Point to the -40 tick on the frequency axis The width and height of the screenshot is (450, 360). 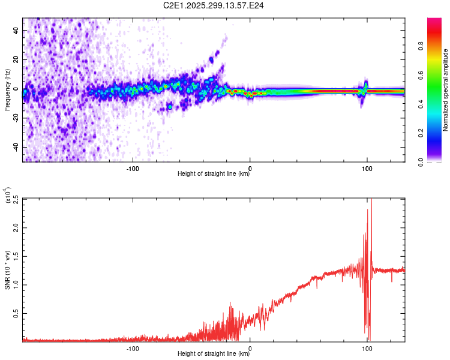16,147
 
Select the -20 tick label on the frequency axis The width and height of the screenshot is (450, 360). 16,118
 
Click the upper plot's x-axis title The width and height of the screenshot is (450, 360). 214,174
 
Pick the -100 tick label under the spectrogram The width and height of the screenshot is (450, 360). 133,169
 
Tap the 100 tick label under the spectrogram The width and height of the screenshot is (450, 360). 367,169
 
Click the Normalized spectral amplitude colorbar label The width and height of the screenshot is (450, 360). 446,90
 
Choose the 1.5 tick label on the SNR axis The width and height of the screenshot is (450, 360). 16,256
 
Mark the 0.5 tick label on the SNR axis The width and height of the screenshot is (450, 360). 16,313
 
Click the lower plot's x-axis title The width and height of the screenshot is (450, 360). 214,354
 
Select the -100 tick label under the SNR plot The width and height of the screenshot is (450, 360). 133,349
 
